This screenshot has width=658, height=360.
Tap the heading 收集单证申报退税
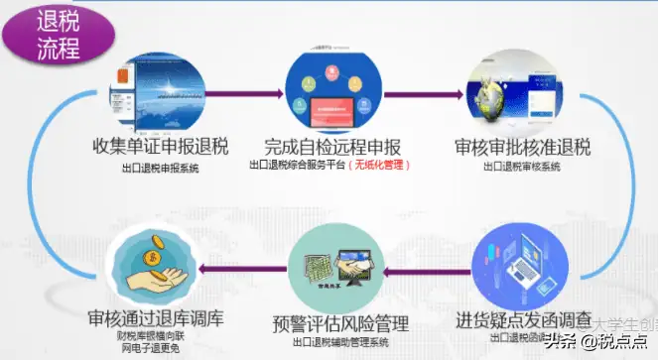tap(158, 148)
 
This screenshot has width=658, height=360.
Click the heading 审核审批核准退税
tap(522, 148)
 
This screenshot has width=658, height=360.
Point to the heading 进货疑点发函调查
tap(527, 319)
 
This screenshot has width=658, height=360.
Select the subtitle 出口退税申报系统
tap(158, 168)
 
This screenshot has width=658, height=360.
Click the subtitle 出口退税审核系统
tap(522, 168)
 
